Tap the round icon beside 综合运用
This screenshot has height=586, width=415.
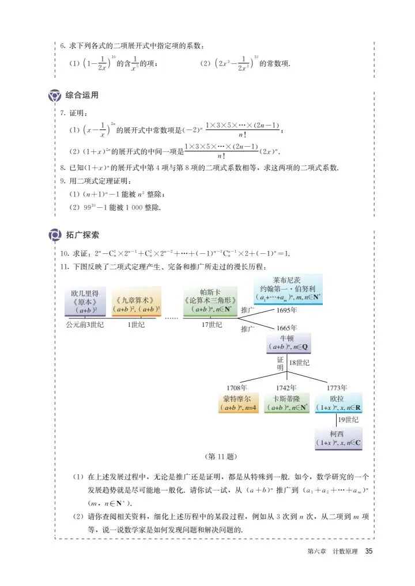(x=55, y=95)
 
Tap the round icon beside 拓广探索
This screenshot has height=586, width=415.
(x=55, y=235)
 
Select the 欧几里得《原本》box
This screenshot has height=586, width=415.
(x=84, y=301)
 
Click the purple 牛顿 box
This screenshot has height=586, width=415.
(x=289, y=343)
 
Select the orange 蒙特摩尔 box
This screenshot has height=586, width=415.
(x=239, y=402)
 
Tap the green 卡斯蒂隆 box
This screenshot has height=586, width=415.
(x=286, y=402)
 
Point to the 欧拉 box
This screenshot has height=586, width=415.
(x=338, y=402)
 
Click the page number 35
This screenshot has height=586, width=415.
(x=369, y=551)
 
